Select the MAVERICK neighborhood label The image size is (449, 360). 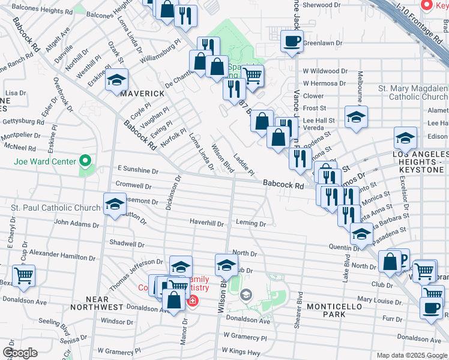(x=142, y=94)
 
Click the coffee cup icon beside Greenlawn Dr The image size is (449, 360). (x=292, y=41)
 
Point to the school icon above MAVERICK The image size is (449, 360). (x=116, y=80)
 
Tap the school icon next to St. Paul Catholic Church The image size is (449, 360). (x=115, y=204)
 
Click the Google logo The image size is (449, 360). (x=20, y=353)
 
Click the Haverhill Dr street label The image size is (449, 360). (x=206, y=223)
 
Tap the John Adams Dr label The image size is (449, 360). (x=76, y=224)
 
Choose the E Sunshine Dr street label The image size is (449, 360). (x=137, y=170)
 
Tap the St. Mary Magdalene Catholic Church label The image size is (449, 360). (x=413, y=92)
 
